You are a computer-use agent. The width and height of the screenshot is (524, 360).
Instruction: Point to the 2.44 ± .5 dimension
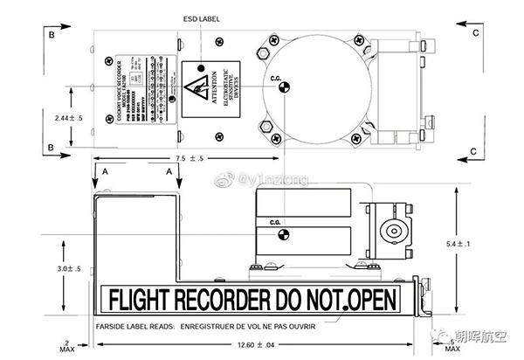[x=67, y=116]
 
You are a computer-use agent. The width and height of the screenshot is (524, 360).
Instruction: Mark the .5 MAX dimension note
[x=452, y=346]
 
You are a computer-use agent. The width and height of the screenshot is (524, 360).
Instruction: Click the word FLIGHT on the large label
[x=142, y=300]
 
